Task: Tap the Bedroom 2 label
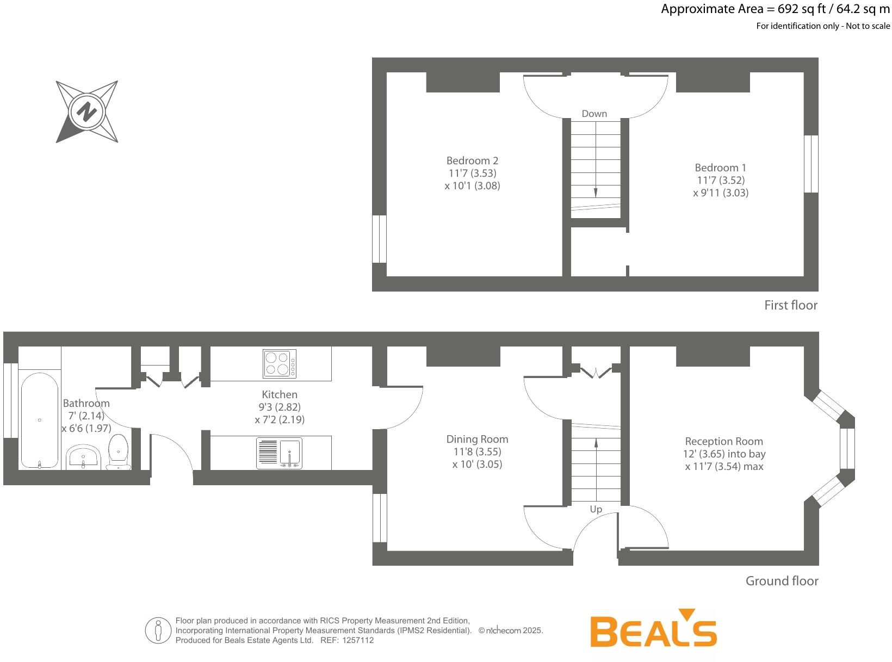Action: click(x=472, y=160)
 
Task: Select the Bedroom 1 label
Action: click(x=720, y=168)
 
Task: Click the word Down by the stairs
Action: click(x=594, y=114)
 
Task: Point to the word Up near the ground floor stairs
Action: click(x=596, y=509)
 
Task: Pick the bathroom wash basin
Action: click(x=83, y=457)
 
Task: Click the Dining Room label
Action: click(x=477, y=439)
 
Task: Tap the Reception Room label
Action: click(x=723, y=441)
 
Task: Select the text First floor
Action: click(x=790, y=305)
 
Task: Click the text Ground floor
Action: click(x=782, y=581)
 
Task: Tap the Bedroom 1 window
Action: click(x=811, y=164)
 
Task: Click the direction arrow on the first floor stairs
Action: click(x=596, y=191)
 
